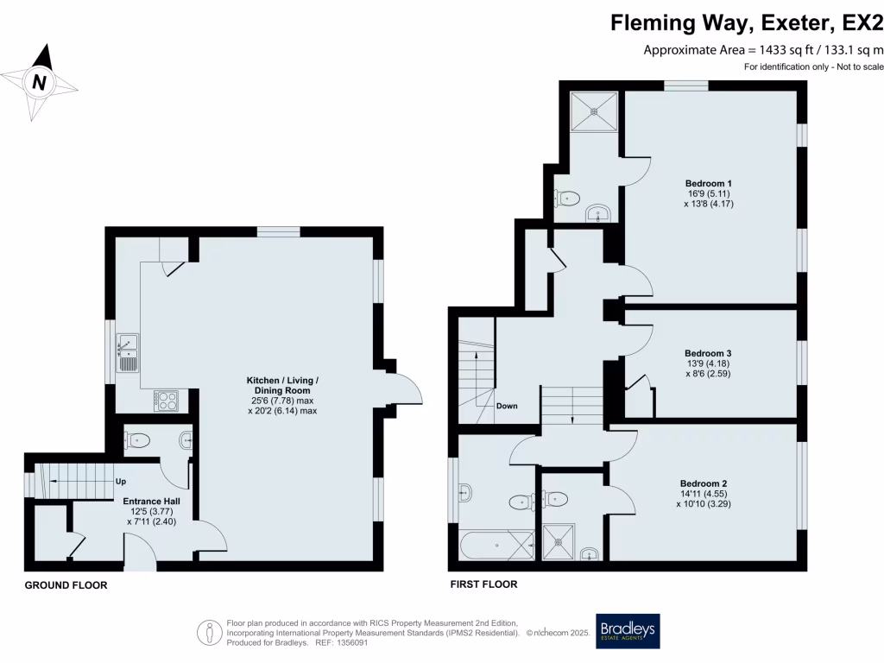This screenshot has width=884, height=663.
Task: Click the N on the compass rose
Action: click(x=38, y=83)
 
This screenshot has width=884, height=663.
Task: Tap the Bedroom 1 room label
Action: click(x=709, y=183)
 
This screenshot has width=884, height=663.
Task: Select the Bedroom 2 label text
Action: click(x=704, y=483)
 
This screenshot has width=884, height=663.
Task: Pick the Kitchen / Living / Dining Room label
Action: click(x=283, y=386)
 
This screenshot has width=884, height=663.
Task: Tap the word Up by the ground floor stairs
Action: click(x=121, y=482)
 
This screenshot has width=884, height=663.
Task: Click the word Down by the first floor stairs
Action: click(x=507, y=406)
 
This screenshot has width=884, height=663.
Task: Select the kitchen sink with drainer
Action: click(x=127, y=351)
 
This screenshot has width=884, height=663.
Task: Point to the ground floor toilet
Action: click(x=136, y=441)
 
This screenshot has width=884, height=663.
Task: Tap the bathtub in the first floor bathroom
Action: click(x=497, y=545)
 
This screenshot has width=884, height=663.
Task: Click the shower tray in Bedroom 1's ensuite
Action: click(x=595, y=110)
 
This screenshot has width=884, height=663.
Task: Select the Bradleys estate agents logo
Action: click(x=628, y=632)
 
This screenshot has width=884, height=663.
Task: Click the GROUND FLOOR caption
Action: click(x=66, y=585)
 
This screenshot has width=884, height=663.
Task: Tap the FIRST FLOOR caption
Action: click(x=483, y=584)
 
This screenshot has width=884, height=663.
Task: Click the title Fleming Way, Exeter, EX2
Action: click(x=747, y=22)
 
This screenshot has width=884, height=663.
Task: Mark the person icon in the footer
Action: click(x=209, y=632)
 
